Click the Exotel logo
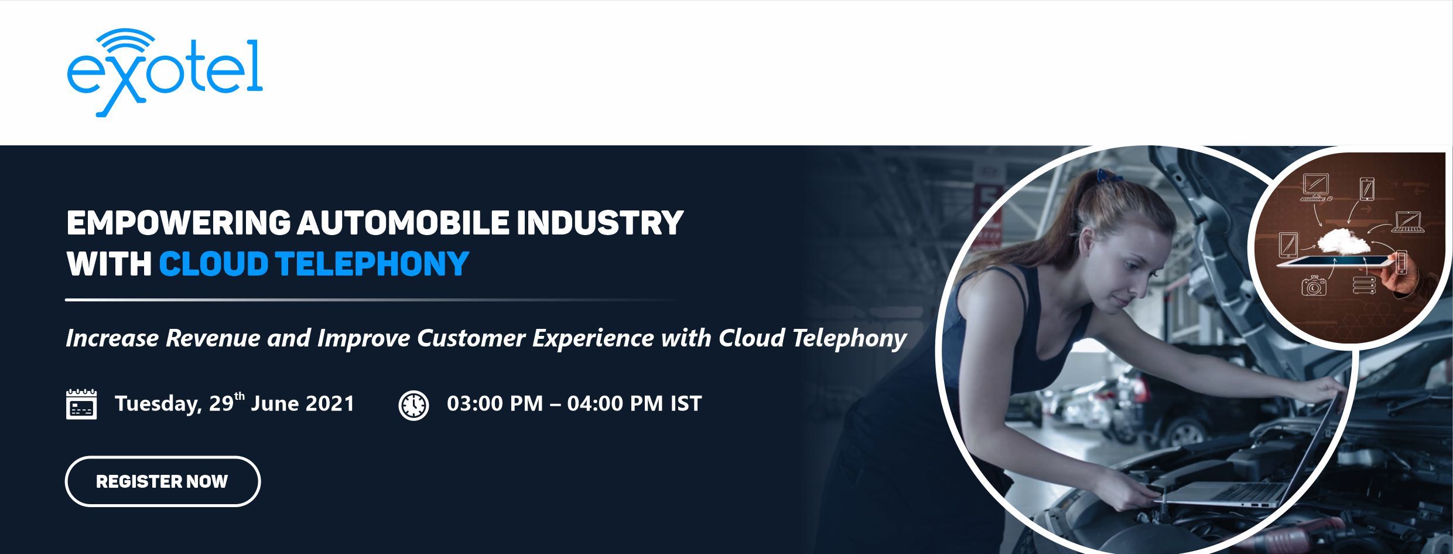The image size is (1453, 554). [165, 72]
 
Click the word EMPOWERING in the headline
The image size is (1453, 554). [178, 223]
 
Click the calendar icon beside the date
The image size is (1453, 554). [81, 404]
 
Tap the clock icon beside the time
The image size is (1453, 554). [413, 405]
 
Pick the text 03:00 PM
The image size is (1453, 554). [495, 404]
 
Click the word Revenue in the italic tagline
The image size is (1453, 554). [213, 338]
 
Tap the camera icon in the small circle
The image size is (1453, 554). [1314, 286]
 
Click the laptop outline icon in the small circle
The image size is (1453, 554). [1408, 221]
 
